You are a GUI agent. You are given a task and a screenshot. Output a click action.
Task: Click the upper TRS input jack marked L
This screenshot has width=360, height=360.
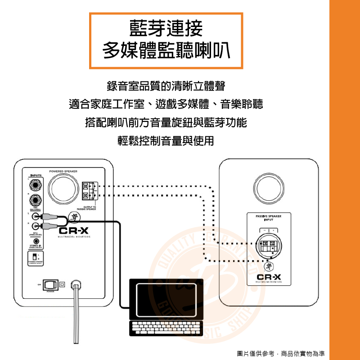[x=36, y=185]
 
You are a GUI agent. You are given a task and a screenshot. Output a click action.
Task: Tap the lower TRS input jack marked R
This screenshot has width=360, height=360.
[x=36, y=200]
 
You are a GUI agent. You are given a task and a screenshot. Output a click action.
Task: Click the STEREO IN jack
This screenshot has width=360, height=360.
[x=36, y=242]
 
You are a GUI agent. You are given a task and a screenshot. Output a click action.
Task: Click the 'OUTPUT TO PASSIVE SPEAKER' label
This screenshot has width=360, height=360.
[x=87, y=208]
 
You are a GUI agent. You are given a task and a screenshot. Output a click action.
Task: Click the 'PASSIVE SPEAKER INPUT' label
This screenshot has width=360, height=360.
[x=268, y=218]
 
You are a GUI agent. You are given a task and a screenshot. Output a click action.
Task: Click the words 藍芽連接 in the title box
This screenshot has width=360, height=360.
[x=166, y=28]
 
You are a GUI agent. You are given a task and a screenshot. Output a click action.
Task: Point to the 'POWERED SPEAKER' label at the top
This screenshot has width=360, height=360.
[x=63, y=171]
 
